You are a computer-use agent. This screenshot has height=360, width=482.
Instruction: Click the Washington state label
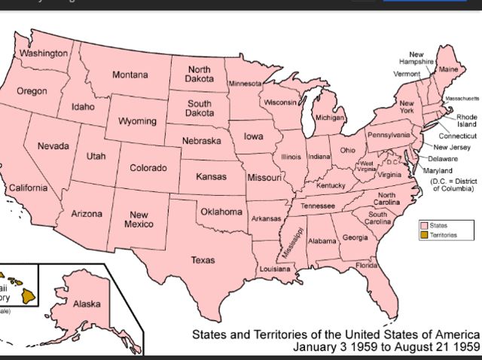[43, 54]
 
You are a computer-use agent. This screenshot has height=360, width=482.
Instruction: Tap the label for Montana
[130, 75]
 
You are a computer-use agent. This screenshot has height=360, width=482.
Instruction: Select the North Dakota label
[199, 75]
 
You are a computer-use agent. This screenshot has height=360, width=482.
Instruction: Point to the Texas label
[202, 260]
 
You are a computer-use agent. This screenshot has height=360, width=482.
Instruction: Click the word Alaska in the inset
[87, 304]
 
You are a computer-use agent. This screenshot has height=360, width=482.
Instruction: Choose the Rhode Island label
[466, 121]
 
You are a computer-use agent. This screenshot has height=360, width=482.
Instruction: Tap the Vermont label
[406, 75]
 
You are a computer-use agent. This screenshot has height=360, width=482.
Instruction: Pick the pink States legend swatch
[424, 225]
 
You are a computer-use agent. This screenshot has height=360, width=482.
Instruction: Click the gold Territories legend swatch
[424, 236]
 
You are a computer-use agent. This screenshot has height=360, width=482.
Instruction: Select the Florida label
[367, 265]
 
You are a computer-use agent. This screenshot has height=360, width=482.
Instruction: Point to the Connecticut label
[458, 136]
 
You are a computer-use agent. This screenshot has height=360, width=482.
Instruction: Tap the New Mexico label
[138, 219]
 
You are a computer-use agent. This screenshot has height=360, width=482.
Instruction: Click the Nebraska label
[203, 141]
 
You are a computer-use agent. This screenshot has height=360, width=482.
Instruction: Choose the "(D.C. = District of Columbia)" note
[454, 185]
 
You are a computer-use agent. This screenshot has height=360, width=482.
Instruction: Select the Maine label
[448, 69]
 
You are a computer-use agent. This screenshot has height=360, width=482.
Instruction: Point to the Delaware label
[443, 159]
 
